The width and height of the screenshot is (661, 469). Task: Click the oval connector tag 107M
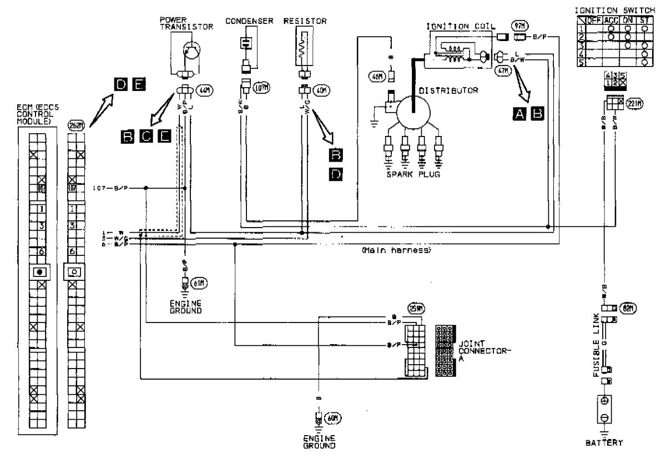coord(260,87)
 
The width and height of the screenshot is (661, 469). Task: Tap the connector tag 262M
coord(77,125)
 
